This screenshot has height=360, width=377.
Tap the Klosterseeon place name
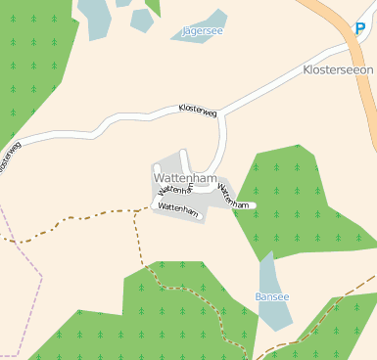[338, 70]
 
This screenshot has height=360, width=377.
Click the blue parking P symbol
[360, 30]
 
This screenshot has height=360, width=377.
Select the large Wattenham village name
[184, 178]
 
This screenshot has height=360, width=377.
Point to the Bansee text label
[272, 295]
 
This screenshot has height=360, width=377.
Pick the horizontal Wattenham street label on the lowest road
[177, 208]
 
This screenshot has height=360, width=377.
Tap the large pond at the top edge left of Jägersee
[96, 17]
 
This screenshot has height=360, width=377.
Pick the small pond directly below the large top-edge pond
[141, 20]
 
